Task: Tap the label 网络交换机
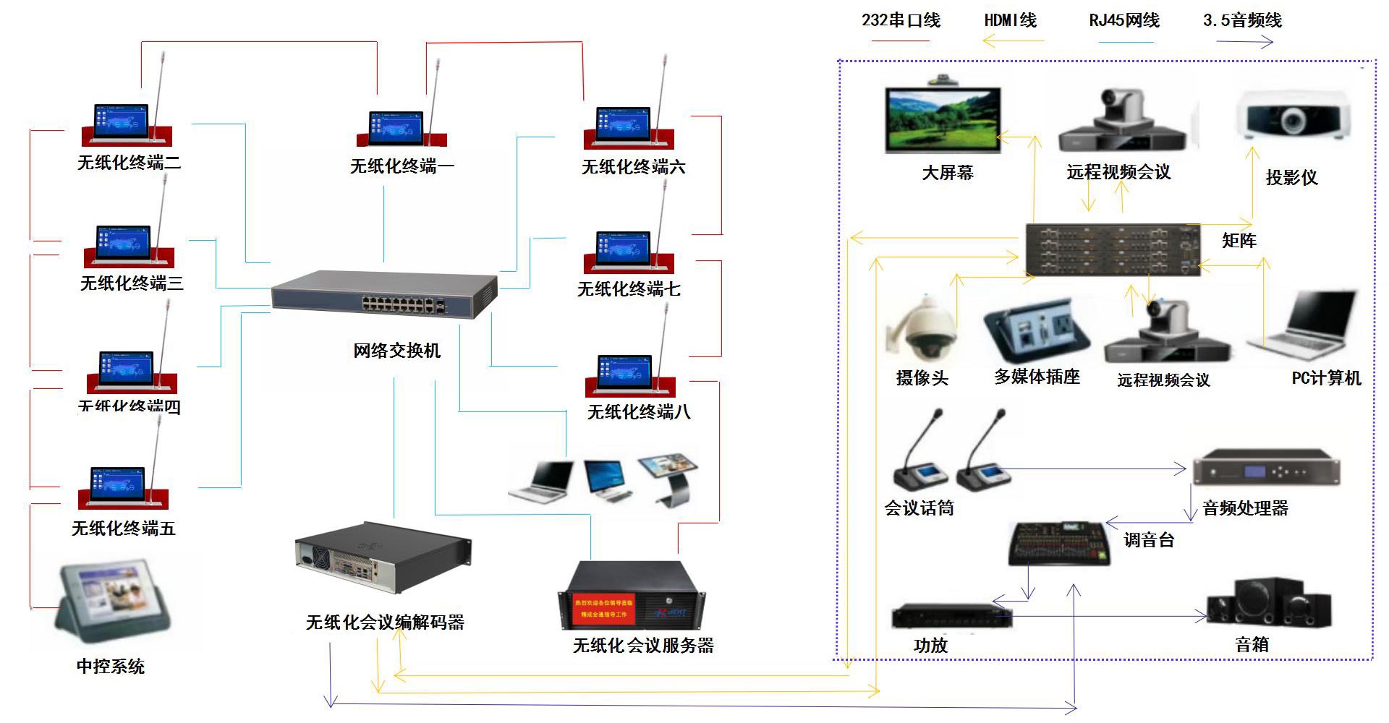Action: point(396,351)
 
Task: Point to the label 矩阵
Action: point(1239,241)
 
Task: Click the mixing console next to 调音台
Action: point(1059,544)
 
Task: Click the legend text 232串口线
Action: point(901,20)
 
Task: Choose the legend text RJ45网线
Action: point(1124,20)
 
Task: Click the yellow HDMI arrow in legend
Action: point(1013,41)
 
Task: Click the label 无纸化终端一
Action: point(402,167)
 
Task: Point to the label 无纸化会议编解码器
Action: point(385,623)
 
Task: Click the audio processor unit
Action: point(1266,468)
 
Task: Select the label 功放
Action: point(930,645)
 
